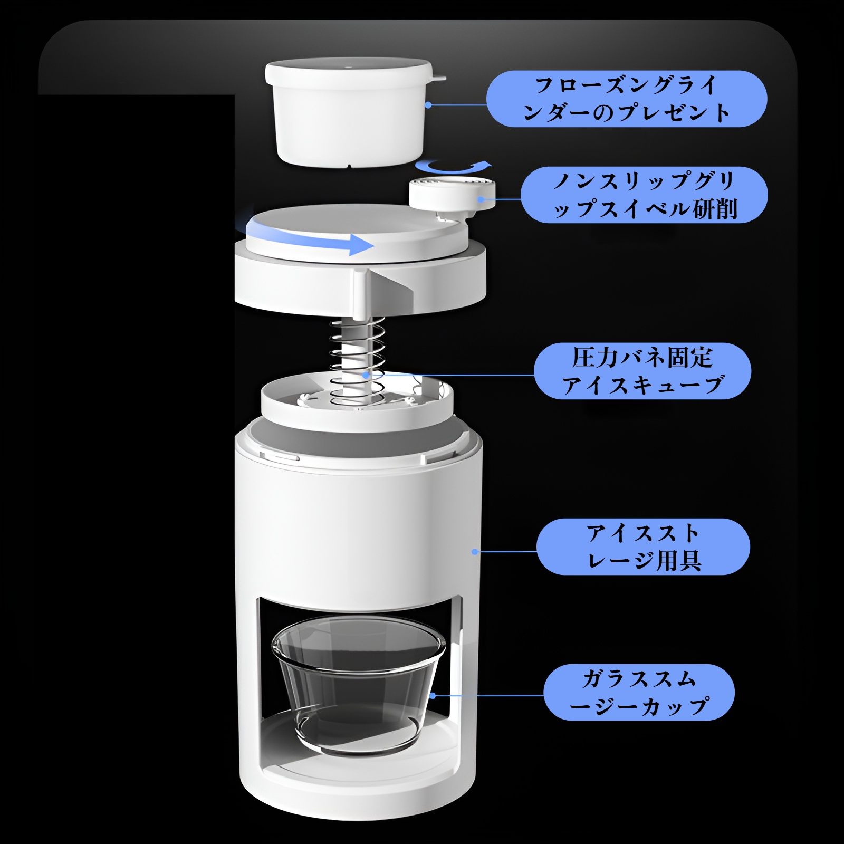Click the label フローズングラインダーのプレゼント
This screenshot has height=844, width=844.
(x=626, y=99)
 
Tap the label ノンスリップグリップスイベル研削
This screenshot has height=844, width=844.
(x=644, y=195)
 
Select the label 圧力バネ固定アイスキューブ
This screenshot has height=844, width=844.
(x=642, y=371)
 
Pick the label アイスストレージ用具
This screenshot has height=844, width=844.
(x=643, y=546)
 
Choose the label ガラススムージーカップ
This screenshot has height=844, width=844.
(x=639, y=692)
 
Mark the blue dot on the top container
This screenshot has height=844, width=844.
(x=428, y=105)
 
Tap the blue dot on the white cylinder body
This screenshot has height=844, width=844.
(x=475, y=552)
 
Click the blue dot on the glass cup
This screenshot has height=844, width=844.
(x=433, y=696)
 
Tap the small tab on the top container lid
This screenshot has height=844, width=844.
(x=439, y=79)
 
